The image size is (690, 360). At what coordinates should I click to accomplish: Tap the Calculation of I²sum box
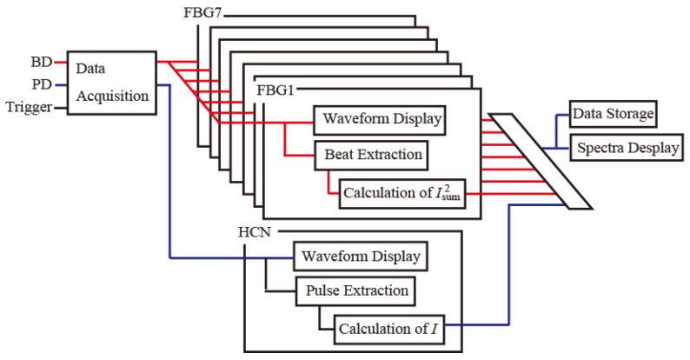(402, 190)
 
